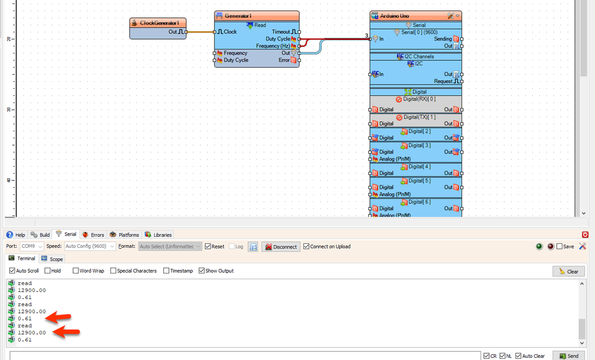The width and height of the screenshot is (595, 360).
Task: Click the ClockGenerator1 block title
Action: coord(158,23)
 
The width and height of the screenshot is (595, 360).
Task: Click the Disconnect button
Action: coord(281,247)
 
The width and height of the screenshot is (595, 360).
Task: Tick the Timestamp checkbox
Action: coord(167,271)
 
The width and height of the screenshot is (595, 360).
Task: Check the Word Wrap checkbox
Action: coord(76,271)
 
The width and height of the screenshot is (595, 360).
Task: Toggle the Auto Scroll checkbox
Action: coord(13,271)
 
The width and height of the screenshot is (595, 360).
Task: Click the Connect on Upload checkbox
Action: coord(307,247)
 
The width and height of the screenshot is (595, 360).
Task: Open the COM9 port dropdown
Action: coord(32,247)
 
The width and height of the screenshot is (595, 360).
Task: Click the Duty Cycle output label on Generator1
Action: coord(278,39)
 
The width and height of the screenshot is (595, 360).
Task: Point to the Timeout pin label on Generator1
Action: coord(281,32)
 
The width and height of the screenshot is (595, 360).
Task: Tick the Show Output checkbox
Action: coord(202,271)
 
